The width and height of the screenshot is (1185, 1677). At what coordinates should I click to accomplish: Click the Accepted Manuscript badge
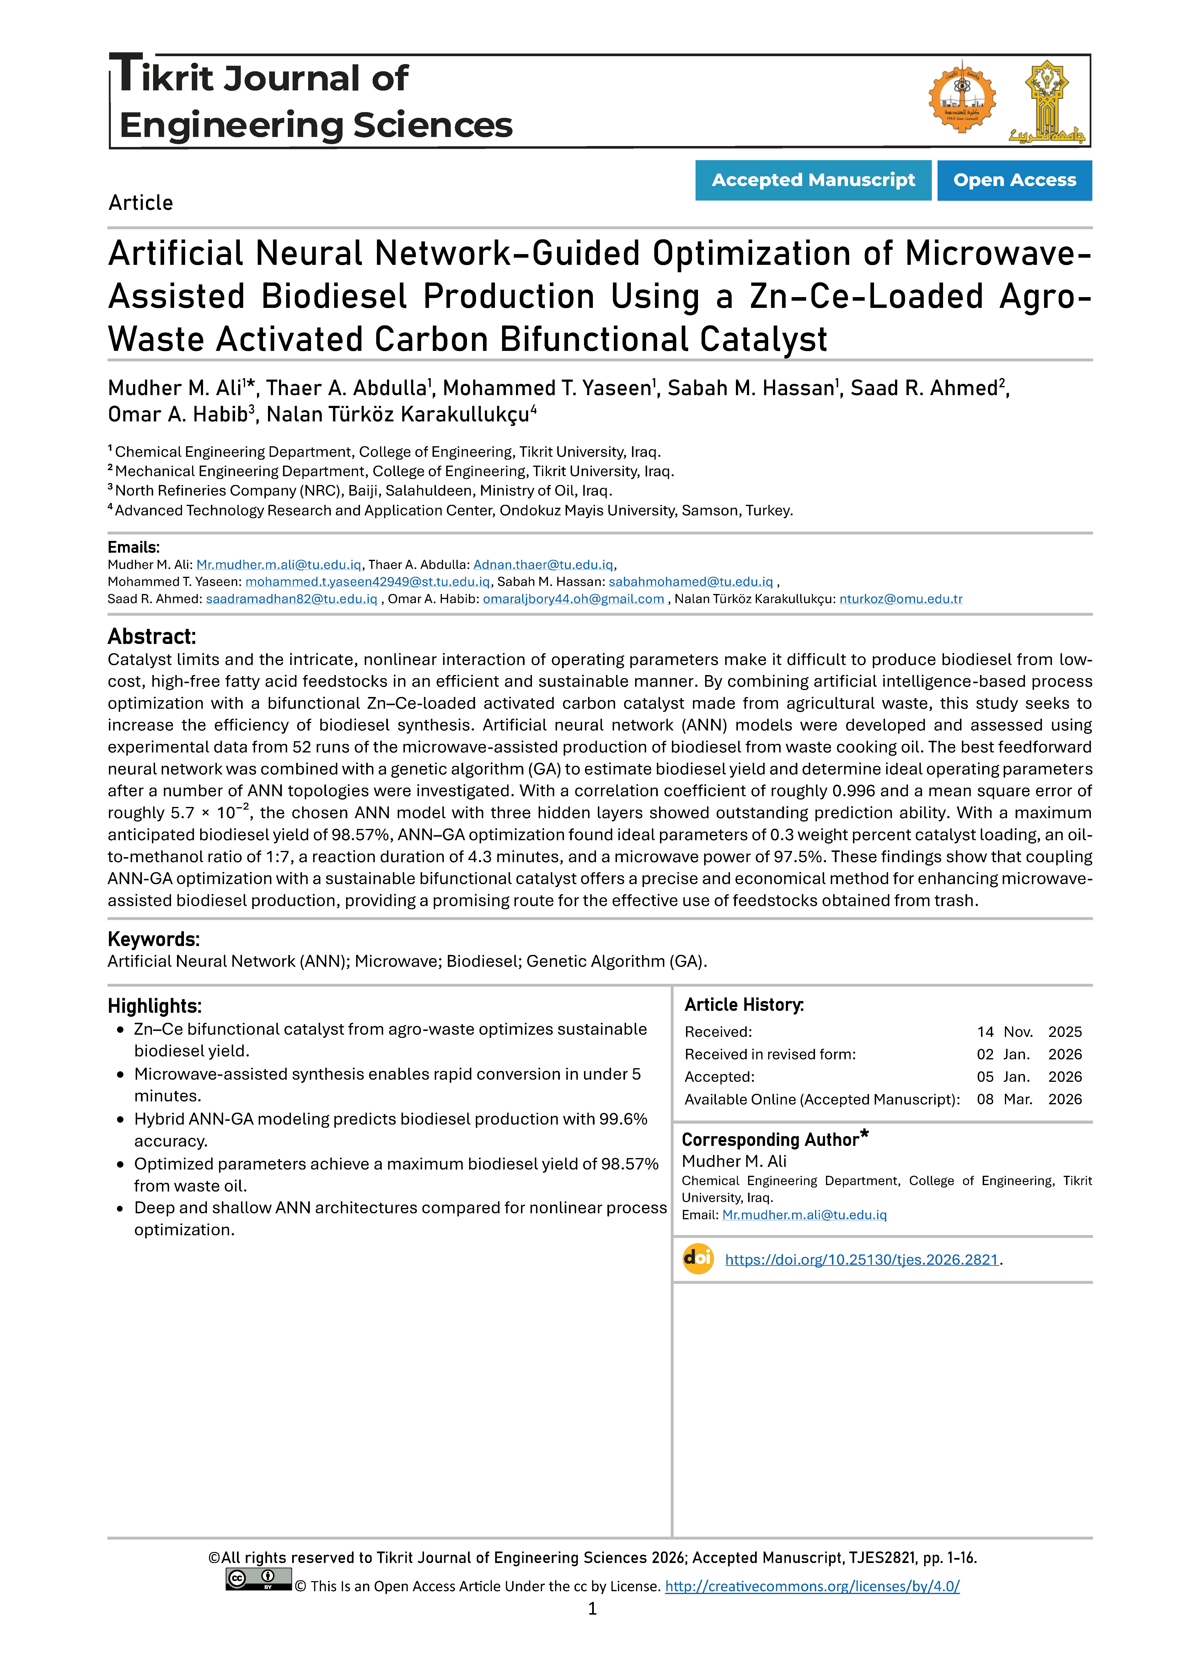click(813, 180)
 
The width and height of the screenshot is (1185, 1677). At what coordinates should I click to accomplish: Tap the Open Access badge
click(1014, 180)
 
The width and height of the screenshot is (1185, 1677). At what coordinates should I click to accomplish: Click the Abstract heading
click(152, 636)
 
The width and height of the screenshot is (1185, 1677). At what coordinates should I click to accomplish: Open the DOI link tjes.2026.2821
click(861, 1259)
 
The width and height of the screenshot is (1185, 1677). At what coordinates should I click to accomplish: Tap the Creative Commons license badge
click(258, 1579)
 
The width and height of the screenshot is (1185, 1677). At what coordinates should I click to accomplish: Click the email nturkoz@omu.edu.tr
click(900, 599)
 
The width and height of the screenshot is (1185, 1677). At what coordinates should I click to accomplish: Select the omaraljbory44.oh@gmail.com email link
click(573, 599)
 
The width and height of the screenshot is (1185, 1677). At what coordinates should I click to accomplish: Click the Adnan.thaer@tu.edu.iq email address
click(543, 565)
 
